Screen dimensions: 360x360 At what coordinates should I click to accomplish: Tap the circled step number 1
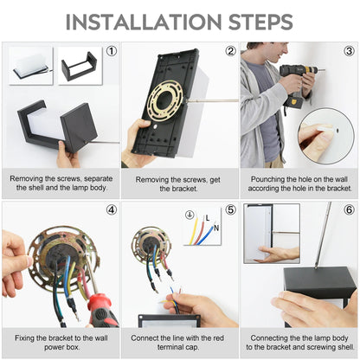[111, 51]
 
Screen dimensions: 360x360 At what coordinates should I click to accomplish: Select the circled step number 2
[230, 51]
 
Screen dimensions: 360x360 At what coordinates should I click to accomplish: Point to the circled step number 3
[349, 51]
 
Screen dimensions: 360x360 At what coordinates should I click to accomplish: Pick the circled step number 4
[111, 210]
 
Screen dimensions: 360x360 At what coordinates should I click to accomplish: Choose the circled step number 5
[230, 210]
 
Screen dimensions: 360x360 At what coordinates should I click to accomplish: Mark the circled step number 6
[349, 210]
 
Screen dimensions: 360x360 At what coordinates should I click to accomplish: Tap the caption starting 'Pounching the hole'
[299, 183]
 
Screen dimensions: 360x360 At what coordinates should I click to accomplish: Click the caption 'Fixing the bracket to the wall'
[61, 341]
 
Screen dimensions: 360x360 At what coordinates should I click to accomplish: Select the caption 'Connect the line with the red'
[179, 341]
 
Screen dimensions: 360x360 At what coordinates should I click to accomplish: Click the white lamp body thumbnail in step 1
[31, 66]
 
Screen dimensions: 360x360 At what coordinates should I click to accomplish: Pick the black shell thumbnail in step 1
[79, 66]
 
